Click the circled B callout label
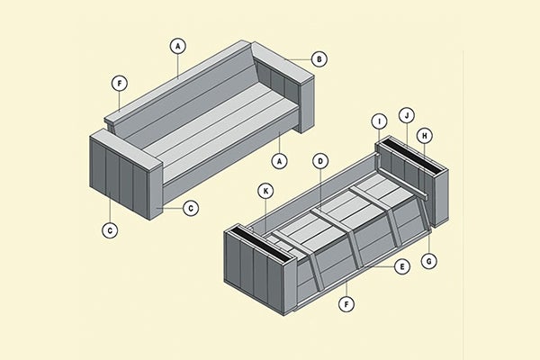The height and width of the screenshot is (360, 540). click(x=319, y=59)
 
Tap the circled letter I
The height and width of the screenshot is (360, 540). click(x=379, y=121)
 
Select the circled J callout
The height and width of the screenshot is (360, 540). click(x=407, y=115)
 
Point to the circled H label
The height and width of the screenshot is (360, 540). click(x=426, y=135)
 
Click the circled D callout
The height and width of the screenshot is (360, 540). click(x=319, y=161)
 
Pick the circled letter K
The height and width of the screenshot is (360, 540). click(x=265, y=191)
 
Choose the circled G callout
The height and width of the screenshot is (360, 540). click(x=431, y=260)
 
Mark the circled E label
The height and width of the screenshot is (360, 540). click(x=402, y=266)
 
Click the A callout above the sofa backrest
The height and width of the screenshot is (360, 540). click(x=178, y=45)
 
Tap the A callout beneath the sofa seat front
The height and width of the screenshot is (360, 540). click(x=281, y=161)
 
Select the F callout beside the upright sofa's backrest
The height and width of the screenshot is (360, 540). click(x=120, y=84)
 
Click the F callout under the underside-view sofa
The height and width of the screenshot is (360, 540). click(x=346, y=304)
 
